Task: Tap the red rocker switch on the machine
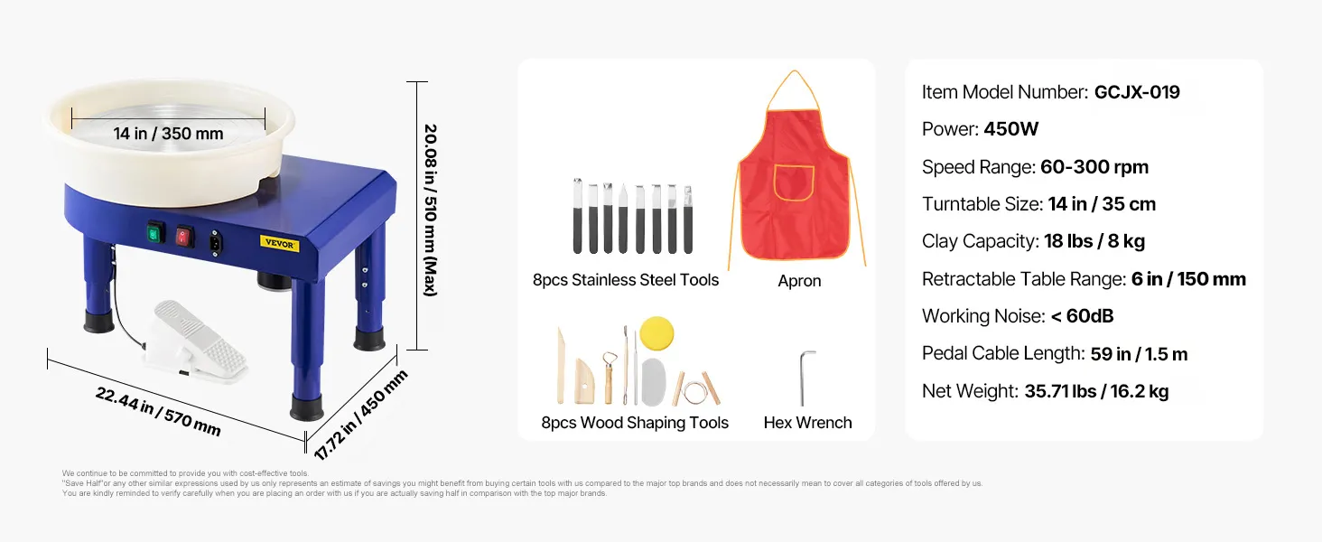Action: [x=184, y=238]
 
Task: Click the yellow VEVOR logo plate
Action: [x=280, y=243]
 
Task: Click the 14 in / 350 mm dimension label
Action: [x=168, y=134]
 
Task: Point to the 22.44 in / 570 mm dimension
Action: [x=158, y=412]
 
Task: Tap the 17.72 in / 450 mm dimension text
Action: [x=360, y=415]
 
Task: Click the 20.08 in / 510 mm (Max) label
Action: [x=431, y=210]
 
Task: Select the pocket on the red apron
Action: [x=794, y=183]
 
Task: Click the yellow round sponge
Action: [x=656, y=333]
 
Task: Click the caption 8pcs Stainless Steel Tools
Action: [x=626, y=280]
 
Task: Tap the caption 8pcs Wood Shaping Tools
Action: [x=635, y=423]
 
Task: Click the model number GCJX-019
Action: [x=1137, y=92]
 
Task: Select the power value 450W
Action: [x=1011, y=128]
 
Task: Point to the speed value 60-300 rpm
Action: [x=1094, y=167]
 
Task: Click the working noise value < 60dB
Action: [x=1082, y=316]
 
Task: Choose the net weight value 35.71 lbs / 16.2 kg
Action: [x=1096, y=391]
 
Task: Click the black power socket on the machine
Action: [x=216, y=243]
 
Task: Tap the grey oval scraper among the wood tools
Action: [x=654, y=382]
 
